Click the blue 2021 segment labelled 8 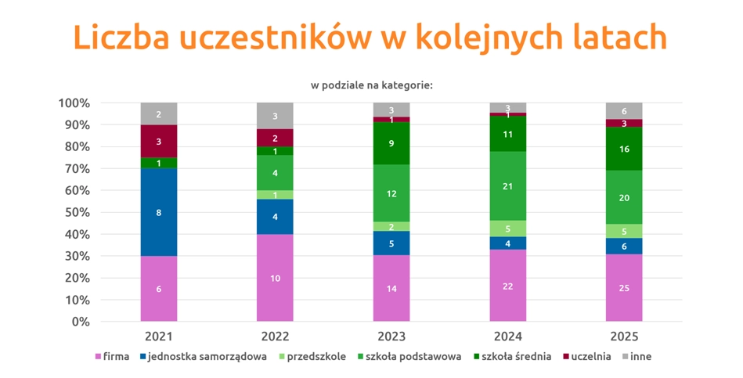click(x=159, y=212)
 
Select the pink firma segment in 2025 click(x=624, y=288)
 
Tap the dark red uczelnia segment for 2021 click(x=159, y=142)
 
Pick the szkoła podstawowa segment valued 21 click(x=507, y=185)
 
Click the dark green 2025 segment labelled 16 click(x=624, y=149)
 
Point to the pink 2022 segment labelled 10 click(x=275, y=278)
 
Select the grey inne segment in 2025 click(x=624, y=111)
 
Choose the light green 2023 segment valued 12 click(x=391, y=193)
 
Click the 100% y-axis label click(x=73, y=103)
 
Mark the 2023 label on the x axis click(x=391, y=337)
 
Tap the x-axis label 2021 click(x=159, y=337)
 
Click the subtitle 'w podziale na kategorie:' click(x=371, y=85)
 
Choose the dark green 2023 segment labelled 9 click(x=391, y=143)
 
